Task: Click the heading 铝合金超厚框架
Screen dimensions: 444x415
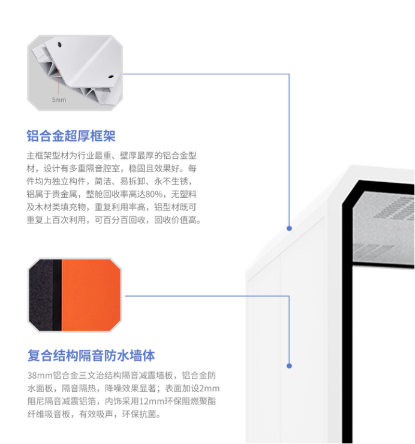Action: tap(71, 136)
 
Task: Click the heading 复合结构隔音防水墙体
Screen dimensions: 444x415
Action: tap(91, 355)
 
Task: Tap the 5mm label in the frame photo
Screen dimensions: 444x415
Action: tap(59, 99)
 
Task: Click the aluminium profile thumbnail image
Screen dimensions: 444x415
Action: tap(74, 72)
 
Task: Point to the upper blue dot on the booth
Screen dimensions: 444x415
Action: tap(289, 228)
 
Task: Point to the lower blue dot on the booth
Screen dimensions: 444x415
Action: tap(289, 366)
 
